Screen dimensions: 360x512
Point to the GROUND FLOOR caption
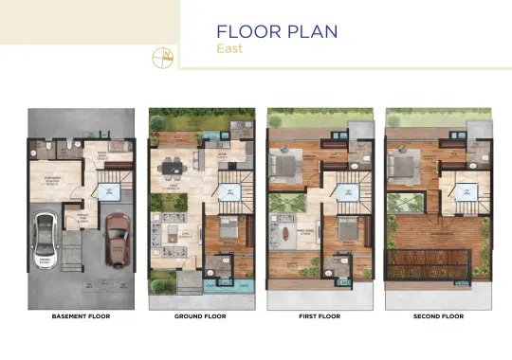pyautogui.click(x=200, y=315)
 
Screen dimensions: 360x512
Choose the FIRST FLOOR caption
pyautogui.click(x=319, y=315)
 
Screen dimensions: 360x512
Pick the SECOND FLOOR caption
pyautogui.click(x=437, y=315)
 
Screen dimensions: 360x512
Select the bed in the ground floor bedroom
pyautogui.click(x=228, y=231)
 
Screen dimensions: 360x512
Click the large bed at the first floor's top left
pyautogui.click(x=284, y=167)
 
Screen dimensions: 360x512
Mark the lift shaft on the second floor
pyautogui.click(x=465, y=193)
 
